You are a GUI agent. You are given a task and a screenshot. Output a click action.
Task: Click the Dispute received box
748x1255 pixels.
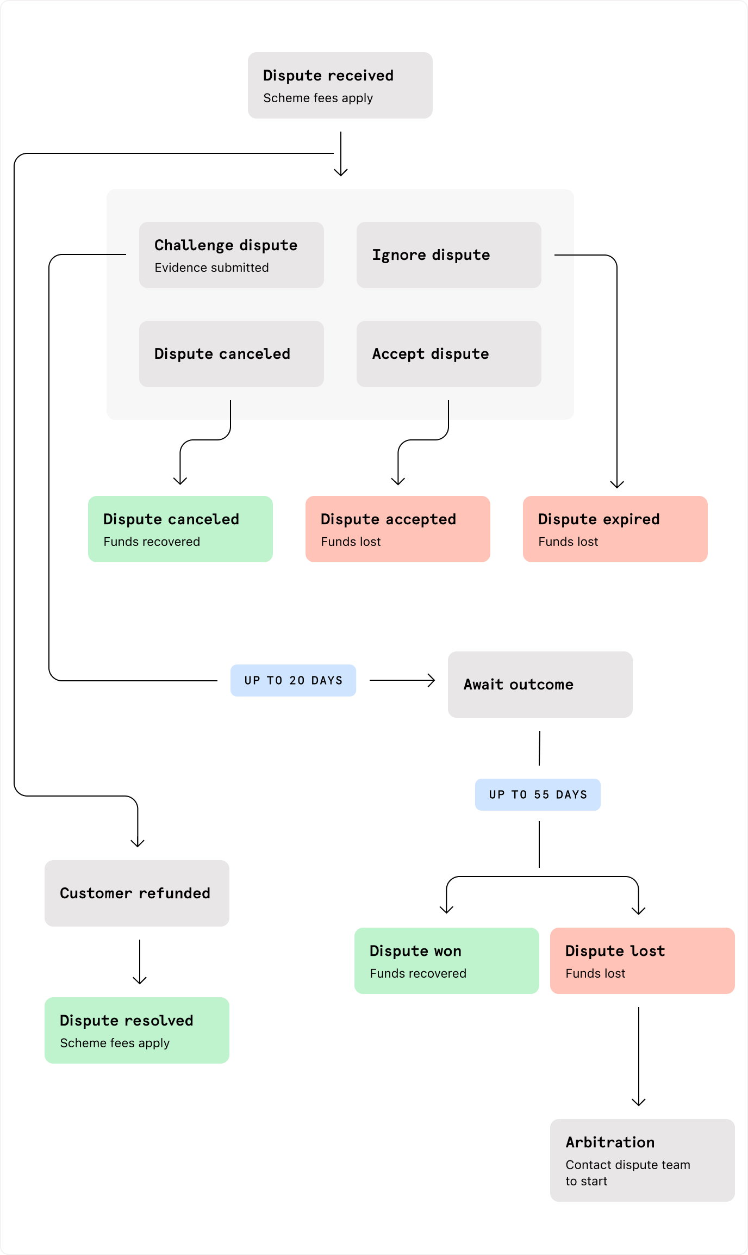click(x=340, y=85)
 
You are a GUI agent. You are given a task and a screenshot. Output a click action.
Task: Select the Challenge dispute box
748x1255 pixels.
click(x=231, y=254)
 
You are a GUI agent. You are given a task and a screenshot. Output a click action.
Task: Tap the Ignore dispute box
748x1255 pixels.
click(x=448, y=254)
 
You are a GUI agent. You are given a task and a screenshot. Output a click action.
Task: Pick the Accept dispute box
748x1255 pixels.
click(x=448, y=353)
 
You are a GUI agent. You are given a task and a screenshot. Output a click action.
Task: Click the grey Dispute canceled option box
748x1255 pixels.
click(x=231, y=353)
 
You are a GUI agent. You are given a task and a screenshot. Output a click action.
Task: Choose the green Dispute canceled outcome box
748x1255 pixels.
click(x=180, y=529)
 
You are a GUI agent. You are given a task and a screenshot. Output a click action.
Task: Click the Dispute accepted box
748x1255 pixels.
click(x=397, y=529)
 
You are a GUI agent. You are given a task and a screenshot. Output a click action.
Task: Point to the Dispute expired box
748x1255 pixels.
click(x=615, y=529)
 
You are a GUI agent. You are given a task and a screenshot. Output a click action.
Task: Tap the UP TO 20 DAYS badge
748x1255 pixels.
click(x=293, y=680)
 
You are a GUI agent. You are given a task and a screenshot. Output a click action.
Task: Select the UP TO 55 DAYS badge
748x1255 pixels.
click(x=538, y=794)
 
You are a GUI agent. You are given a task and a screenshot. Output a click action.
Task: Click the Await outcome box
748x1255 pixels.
click(x=540, y=684)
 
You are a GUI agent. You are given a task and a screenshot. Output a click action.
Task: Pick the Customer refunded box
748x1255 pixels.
click(x=136, y=893)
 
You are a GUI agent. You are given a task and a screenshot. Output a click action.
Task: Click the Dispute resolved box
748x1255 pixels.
click(x=136, y=1030)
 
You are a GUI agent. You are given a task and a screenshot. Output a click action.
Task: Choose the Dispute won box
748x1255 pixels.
click(x=446, y=960)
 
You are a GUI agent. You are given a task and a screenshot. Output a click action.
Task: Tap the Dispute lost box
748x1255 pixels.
click(x=642, y=960)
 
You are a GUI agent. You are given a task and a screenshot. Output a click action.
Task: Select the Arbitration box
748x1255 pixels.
click(x=642, y=1160)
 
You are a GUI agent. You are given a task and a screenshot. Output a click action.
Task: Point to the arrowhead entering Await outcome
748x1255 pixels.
click(x=432, y=680)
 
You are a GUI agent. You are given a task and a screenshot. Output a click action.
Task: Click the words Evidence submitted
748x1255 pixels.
click(x=211, y=268)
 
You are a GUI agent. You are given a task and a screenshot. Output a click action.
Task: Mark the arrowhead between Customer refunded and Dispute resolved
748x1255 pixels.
click(x=140, y=980)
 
